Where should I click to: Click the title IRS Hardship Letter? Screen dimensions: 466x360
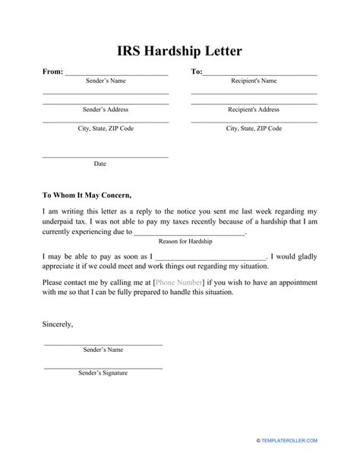click(179, 51)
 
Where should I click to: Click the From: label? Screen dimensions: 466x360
click(52, 71)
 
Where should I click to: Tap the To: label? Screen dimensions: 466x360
click(197, 71)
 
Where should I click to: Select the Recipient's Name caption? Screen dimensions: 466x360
click(254, 81)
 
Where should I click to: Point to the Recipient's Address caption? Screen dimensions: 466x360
click(254, 109)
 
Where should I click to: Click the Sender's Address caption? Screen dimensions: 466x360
click(105, 109)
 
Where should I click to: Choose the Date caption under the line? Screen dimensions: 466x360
click(100, 163)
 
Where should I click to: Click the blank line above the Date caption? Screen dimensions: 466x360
click(105, 157)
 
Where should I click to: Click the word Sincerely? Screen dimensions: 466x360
click(58, 324)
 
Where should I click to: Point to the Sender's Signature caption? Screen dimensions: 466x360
click(103, 373)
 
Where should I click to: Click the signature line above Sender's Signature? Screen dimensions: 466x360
click(103, 367)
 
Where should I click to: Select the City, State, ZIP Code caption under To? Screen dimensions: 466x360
click(254, 128)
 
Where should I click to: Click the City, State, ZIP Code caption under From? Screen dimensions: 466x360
click(105, 128)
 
